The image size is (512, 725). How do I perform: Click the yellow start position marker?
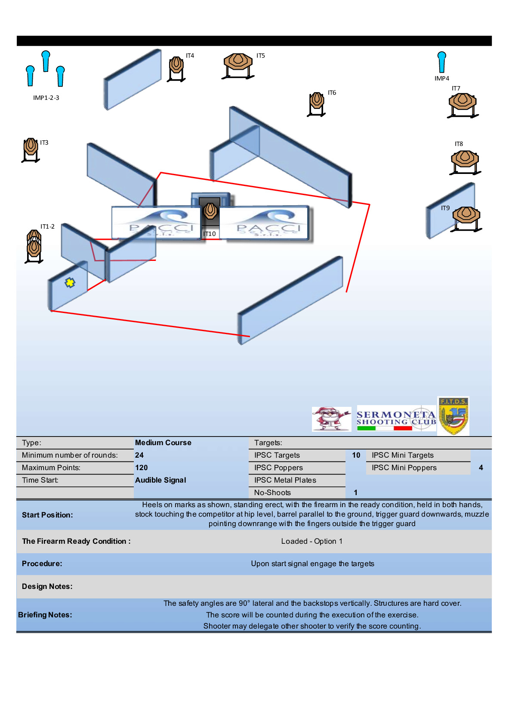tap(70, 282)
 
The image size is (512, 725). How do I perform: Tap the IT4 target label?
tap(190, 56)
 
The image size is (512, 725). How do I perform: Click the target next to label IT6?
tap(317, 101)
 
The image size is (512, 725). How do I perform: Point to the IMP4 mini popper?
tap(441, 62)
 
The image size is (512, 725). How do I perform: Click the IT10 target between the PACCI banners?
tap(210, 211)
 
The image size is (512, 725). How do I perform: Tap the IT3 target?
tap(31, 147)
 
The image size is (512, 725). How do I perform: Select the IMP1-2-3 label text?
tap(46, 98)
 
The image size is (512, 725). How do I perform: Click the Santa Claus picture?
tap(331, 418)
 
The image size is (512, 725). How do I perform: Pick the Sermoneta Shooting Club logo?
tap(396, 418)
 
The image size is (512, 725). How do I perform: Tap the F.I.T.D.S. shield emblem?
tap(453, 416)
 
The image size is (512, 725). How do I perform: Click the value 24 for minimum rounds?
tap(139, 455)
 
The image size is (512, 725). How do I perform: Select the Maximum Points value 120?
tap(141, 468)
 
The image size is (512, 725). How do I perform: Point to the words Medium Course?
tap(163, 443)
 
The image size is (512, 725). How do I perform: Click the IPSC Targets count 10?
tap(356, 455)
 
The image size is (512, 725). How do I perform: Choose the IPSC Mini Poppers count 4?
tap(481, 468)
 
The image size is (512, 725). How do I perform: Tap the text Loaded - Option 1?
tap(312, 541)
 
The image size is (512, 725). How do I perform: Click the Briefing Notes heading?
tap(45, 615)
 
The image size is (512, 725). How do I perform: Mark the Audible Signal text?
tap(160, 480)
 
